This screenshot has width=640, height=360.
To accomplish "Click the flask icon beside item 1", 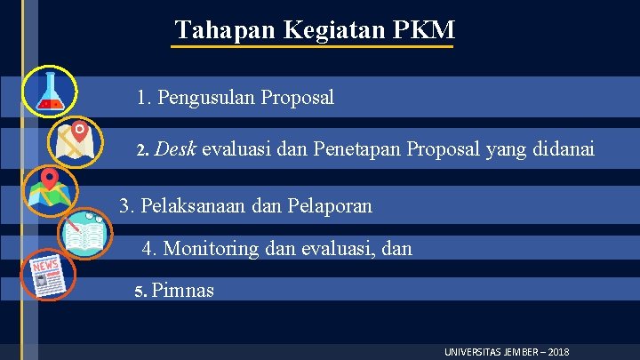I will (x=50, y=92).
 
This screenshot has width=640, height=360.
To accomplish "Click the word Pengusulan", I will (x=206, y=97).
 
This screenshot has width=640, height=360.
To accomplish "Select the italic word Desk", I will (x=175, y=151).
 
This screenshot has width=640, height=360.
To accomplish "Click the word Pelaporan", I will (x=328, y=207).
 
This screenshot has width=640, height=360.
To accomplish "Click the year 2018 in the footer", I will (x=558, y=352).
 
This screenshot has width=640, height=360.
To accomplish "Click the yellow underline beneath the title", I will (x=311, y=46).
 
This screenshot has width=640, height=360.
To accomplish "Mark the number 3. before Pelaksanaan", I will (x=127, y=207).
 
